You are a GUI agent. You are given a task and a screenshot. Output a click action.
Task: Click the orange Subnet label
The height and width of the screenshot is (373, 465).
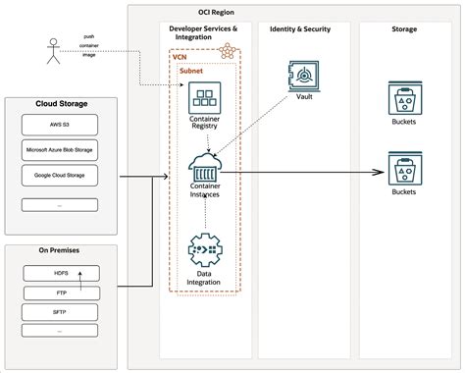[191, 72]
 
